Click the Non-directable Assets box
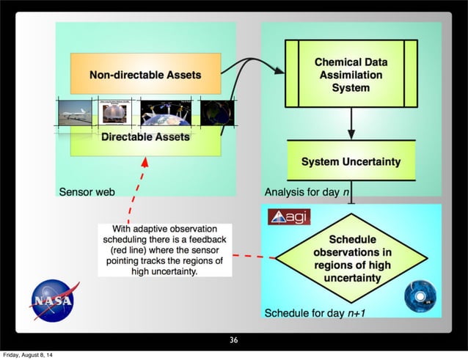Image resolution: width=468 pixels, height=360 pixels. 145,74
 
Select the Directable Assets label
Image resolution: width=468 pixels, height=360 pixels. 145,137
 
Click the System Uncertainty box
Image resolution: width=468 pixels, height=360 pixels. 351,161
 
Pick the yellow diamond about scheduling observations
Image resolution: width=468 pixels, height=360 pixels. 352,258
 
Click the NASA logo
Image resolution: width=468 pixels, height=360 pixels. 52,301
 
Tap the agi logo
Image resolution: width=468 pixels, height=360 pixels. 289,217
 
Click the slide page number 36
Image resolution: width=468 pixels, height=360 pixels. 233,339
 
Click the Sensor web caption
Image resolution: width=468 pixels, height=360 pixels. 87,192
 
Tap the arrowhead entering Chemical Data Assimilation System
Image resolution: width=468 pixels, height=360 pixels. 278,71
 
